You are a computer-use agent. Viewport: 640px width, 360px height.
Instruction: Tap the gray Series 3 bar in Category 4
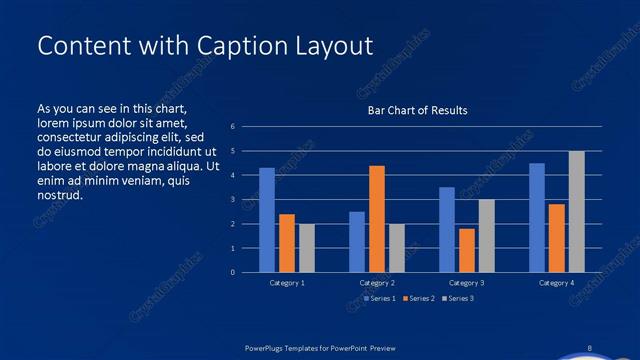pyautogui.click(x=577, y=211)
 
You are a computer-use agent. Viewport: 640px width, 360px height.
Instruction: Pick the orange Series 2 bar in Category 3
pyautogui.click(x=467, y=250)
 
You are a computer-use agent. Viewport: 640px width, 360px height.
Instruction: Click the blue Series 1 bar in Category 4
pyautogui.click(x=537, y=217)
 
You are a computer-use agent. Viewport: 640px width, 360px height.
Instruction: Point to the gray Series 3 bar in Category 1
pyautogui.click(x=307, y=248)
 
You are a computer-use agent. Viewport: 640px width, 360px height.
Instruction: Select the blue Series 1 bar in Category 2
pyautogui.click(x=357, y=242)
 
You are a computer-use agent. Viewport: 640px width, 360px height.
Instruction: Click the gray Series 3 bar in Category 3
pyautogui.click(x=487, y=236)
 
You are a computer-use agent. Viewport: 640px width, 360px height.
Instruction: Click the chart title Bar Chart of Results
pyautogui.click(x=418, y=110)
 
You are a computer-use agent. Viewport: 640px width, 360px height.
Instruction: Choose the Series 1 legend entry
pyautogui.click(x=381, y=298)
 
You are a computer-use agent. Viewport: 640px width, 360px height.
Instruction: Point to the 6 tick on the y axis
pyautogui.click(x=232, y=127)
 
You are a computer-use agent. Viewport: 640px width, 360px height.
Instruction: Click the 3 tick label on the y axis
pyautogui.click(x=232, y=200)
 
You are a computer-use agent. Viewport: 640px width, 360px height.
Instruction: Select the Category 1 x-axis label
pyautogui.click(x=288, y=283)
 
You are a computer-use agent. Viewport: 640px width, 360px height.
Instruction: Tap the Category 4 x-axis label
pyautogui.click(x=556, y=283)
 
